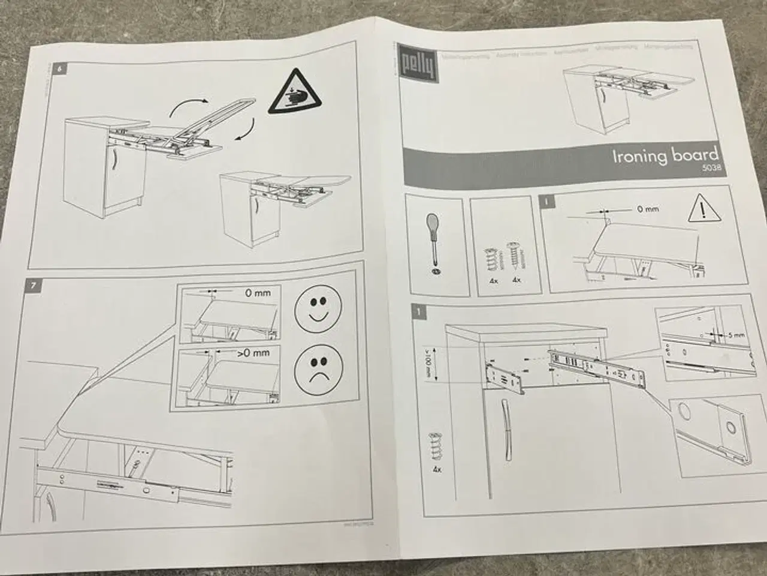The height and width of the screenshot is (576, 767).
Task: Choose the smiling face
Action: (317, 308)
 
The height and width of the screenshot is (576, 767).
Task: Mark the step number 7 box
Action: (36, 286)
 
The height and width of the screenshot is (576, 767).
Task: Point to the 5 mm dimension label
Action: (736, 335)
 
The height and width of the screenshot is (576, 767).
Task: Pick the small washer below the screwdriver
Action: (434, 271)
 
